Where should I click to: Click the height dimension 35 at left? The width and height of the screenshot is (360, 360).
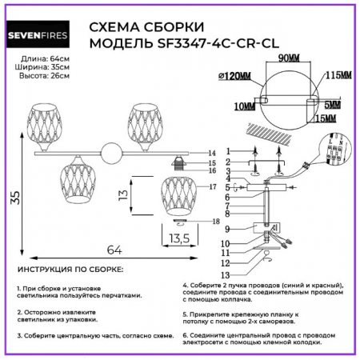click(x=14, y=198)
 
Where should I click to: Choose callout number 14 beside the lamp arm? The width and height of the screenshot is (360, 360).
click(x=211, y=152)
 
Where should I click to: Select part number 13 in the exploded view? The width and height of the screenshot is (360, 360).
click(x=226, y=274)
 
